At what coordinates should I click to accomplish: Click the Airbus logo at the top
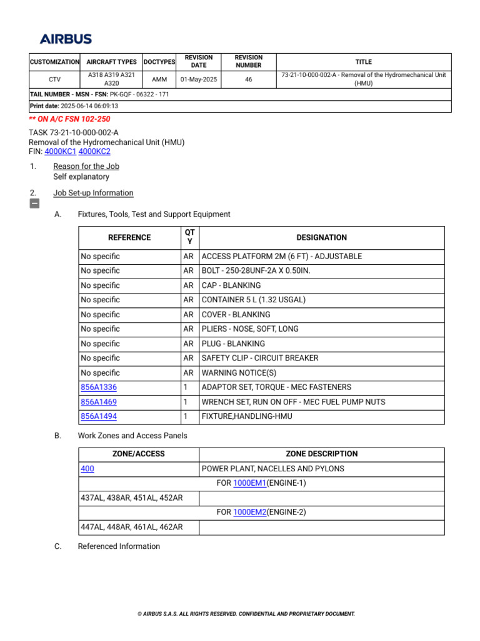coord(66,39)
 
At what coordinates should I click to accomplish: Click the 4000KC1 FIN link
coord(61,151)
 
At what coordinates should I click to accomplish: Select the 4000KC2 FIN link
coord(94,151)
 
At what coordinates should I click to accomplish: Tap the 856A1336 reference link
coord(99,387)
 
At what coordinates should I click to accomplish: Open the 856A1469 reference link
coord(99,402)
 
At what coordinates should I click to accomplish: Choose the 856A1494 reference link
coord(99,416)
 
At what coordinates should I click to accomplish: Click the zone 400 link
coord(87,469)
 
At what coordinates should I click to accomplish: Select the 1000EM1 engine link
coord(249,483)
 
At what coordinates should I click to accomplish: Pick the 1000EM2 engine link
coord(249,512)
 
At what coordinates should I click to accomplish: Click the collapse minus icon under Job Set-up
coord(34,203)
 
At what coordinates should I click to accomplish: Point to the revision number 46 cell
coord(249,79)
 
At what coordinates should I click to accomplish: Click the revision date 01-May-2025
coord(198,79)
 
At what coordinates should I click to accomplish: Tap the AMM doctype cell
coord(159,79)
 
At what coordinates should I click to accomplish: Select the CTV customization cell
coord(54,79)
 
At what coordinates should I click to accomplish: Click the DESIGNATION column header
coord(322,238)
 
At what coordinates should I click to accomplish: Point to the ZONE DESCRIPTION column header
coord(322,454)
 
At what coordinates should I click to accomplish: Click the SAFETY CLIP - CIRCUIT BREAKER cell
coord(260,358)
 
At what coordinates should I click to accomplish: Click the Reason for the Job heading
coord(86,167)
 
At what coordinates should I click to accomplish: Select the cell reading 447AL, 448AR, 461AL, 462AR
coord(132,527)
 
